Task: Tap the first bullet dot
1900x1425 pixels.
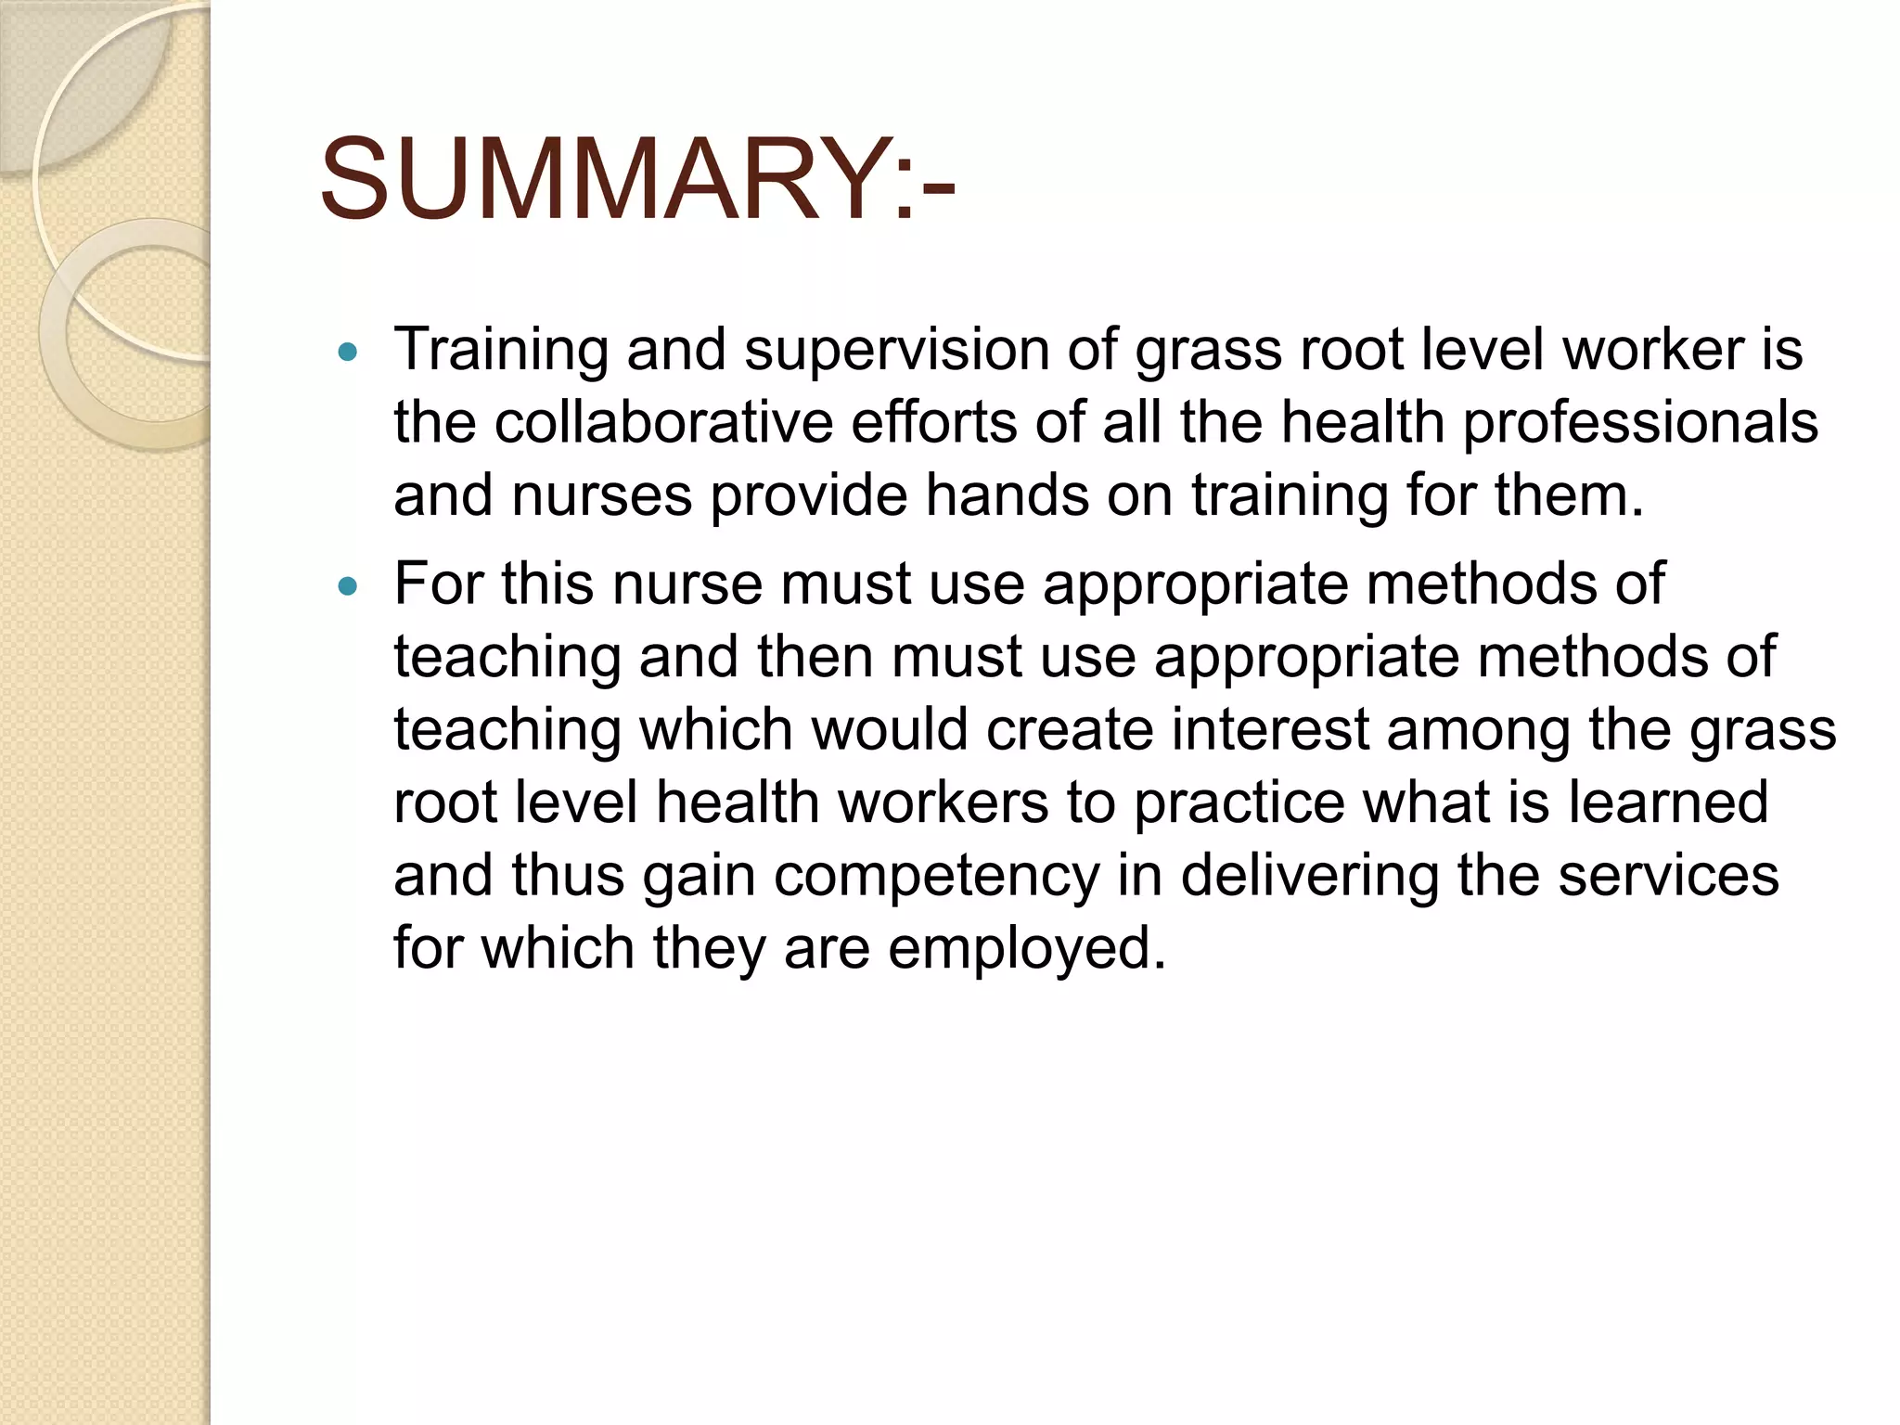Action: coord(348,353)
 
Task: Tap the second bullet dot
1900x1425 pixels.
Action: coord(348,586)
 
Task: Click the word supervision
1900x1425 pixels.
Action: coord(896,351)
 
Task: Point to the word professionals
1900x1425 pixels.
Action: coord(1640,423)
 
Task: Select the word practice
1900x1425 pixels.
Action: coord(1238,803)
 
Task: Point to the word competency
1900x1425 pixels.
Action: coord(936,878)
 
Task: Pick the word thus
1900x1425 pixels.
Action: coord(568,876)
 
